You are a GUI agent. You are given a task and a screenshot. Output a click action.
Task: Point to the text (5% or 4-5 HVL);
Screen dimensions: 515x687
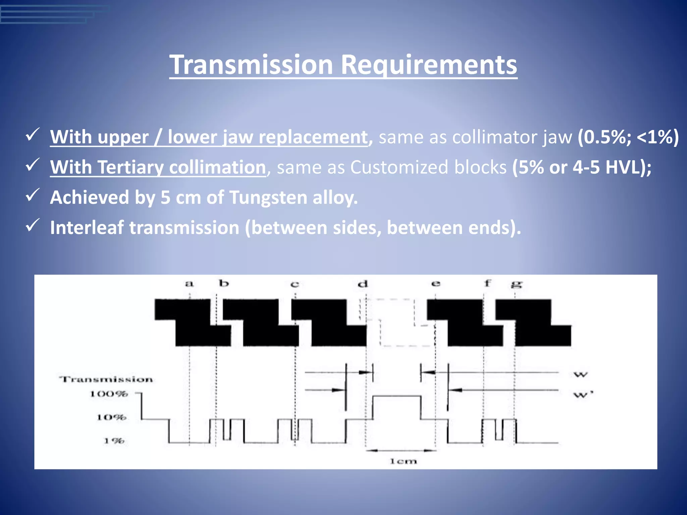(x=582, y=167)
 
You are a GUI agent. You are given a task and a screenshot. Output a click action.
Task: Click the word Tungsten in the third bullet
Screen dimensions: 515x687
(x=268, y=197)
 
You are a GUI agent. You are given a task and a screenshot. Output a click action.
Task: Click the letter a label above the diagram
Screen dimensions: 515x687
(x=190, y=284)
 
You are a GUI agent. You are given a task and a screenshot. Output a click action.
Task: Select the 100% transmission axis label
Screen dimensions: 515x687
(x=109, y=394)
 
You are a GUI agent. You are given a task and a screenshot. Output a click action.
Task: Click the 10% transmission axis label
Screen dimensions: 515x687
(x=112, y=417)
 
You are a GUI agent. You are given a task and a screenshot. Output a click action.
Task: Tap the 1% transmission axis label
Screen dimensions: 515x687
(x=114, y=441)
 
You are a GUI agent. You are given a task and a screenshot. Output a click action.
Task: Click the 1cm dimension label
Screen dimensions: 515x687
(x=403, y=461)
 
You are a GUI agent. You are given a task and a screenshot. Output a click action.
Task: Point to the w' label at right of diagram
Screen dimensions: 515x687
(x=583, y=394)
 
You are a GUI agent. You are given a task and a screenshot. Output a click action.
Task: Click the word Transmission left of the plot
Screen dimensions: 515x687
(x=106, y=379)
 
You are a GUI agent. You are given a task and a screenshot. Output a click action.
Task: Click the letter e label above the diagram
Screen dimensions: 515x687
(x=435, y=284)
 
